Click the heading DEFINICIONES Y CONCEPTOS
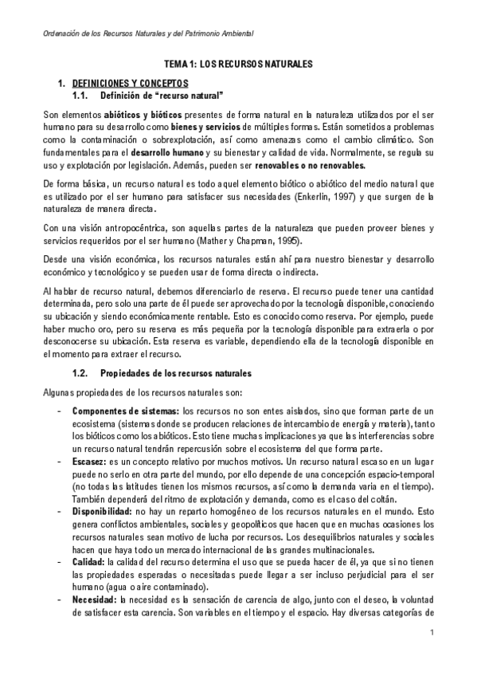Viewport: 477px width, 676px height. tap(130, 82)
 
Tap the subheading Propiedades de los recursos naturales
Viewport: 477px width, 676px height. tap(175, 373)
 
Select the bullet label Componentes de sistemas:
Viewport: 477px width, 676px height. tap(126, 411)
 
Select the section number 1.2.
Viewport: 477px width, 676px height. tap(79, 373)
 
